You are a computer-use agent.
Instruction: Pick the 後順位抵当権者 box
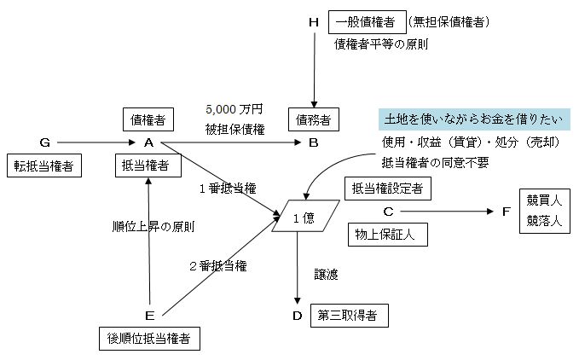(x=149, y=340)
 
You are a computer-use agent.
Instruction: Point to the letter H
(x=313, y=20)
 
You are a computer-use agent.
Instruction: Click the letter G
(x=44, y=142)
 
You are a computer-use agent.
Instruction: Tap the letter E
(x=150, y=316)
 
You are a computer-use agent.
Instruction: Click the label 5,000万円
(x=234, y=110)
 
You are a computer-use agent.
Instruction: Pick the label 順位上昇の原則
(x=153, y=227)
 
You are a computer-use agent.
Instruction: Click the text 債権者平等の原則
(x=381, y=44)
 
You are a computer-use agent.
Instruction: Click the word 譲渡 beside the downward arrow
(x=326, y=274)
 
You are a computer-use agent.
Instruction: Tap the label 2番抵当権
(x=218, y=266)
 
